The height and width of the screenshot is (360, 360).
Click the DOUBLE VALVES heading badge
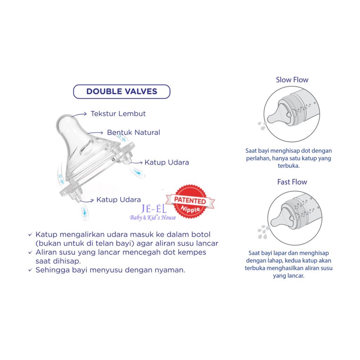click(x=122, y=92)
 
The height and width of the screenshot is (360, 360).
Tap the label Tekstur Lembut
click(x=118, y=114)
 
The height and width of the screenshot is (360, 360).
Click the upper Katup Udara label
click(x=167, y=162)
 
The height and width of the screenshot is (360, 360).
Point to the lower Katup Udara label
click(x=118, y=200)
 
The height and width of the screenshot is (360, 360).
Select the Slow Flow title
click(x=292, y=80)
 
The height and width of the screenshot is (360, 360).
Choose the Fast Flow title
click(x=292, y=182)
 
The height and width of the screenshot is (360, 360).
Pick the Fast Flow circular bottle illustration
click(x=295, y=218)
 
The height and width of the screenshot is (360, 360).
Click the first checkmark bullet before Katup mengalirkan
click(x=31, y=234)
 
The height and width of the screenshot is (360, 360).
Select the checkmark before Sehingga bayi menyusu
click(x=31, y=270)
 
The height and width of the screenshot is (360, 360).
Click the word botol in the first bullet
click(x=199, y=234)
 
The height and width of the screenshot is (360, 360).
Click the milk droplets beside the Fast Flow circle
click(x=263, y=232)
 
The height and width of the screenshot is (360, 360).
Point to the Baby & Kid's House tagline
click(x=153, y=218)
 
